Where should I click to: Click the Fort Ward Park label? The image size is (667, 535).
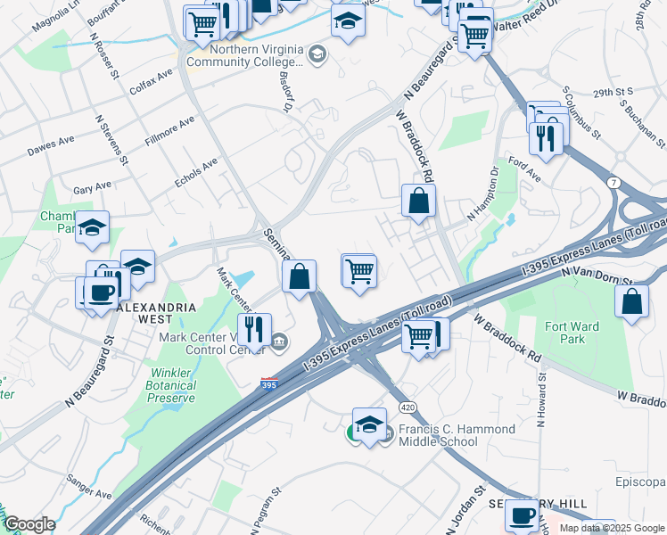pyautogui.click(x=572, y=333)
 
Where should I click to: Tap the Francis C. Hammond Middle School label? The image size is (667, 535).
pyautogui.click(x=457, y=435)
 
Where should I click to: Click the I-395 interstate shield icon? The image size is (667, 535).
pyautogui.click(x=268, y=383)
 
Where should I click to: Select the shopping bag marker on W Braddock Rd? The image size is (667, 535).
pyautogui.click(x=418, y=202)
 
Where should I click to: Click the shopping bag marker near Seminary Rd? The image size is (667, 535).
pyautogui.click(x=300, y=277)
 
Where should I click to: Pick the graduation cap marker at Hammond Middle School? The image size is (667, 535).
pyautogui.click(x=368, y=424)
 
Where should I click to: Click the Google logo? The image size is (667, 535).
pyautogui.click(x=29, y=524)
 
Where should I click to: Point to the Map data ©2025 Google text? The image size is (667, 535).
pyautogui.click(x=612, y=528)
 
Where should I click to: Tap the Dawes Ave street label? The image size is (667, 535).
pyautogui.click(x=51, y=144)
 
